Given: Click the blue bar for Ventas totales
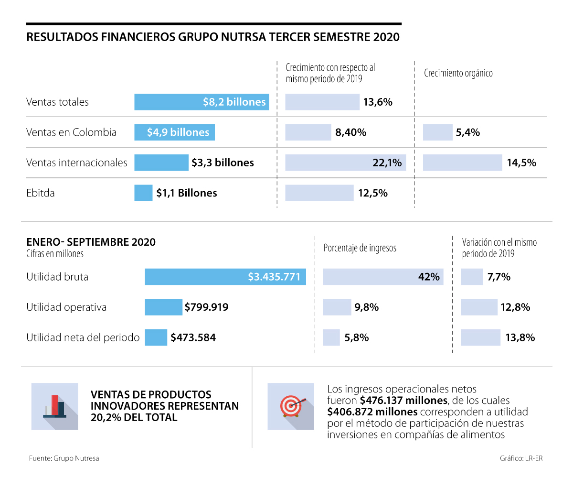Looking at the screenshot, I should pos(202,102).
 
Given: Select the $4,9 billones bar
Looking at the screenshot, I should pos(174,132).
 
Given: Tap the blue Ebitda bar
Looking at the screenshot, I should pos(143,193).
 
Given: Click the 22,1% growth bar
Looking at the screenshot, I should pos(345,163).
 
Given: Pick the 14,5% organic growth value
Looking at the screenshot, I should pos(521,163).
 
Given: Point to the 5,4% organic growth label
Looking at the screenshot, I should pos(467,132).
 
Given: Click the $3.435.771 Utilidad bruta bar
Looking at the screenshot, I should pos(225,277).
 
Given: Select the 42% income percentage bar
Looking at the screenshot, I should pos(383,277).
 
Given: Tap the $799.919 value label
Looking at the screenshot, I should pos(206,307).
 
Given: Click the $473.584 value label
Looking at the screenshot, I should pos(193,337).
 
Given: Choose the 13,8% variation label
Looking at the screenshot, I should pos(520,337).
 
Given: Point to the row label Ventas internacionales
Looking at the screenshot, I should pos(76,163).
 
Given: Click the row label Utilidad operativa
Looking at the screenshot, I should pos(66,307).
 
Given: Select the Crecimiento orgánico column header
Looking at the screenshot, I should pos(458,73).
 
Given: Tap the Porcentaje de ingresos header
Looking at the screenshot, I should pos(360,248).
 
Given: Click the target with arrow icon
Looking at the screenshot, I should pos(291,406).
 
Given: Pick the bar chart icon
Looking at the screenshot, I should pos(54,406).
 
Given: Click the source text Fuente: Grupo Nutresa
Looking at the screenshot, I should pos(64,458).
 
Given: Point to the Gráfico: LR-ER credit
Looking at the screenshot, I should pos(521,458).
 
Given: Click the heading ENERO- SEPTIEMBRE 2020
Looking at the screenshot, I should pos(91,242).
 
